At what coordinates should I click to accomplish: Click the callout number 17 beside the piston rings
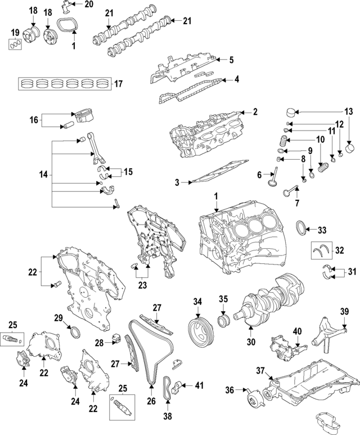(118, 84)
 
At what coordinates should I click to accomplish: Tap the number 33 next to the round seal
(322, 230)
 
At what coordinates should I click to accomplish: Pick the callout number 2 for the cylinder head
(255, 112)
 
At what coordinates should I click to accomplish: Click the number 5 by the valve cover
(231, 60)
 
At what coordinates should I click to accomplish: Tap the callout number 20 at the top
(89, 5)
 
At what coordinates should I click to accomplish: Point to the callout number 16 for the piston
(33, 119)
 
